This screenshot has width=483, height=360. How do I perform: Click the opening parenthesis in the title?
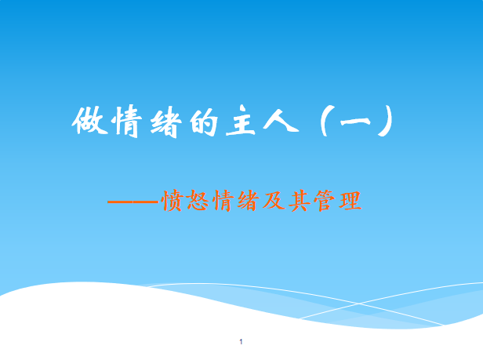click(x=327, y=123)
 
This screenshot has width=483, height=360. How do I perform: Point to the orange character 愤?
click(x=171, y=202)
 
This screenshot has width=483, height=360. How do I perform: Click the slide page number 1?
click(x=241, y=343)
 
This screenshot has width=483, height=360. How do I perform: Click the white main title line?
click(x=235, y=123)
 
